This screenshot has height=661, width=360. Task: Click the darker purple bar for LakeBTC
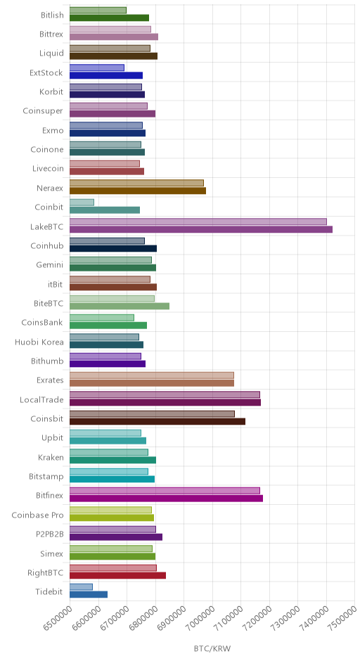200,229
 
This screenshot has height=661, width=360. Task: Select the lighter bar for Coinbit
82,203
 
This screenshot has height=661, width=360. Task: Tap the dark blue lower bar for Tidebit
89,594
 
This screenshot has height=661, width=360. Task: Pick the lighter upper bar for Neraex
136,183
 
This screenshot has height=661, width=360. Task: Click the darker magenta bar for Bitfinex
166,499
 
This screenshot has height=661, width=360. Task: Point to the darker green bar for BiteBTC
120,306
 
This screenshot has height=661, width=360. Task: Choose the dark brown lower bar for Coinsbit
157,421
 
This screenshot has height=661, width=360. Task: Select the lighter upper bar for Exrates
152,376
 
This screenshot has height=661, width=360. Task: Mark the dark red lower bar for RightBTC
117,575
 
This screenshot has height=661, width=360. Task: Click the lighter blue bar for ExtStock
97,68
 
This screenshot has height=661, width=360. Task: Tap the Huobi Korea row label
39,342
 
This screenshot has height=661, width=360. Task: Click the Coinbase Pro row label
37,515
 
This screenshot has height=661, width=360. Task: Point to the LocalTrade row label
41,399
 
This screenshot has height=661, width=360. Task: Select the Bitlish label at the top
52,15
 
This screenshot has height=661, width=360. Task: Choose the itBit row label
56,284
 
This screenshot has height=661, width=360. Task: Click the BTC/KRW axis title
212,648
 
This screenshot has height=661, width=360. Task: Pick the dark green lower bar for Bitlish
109,18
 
